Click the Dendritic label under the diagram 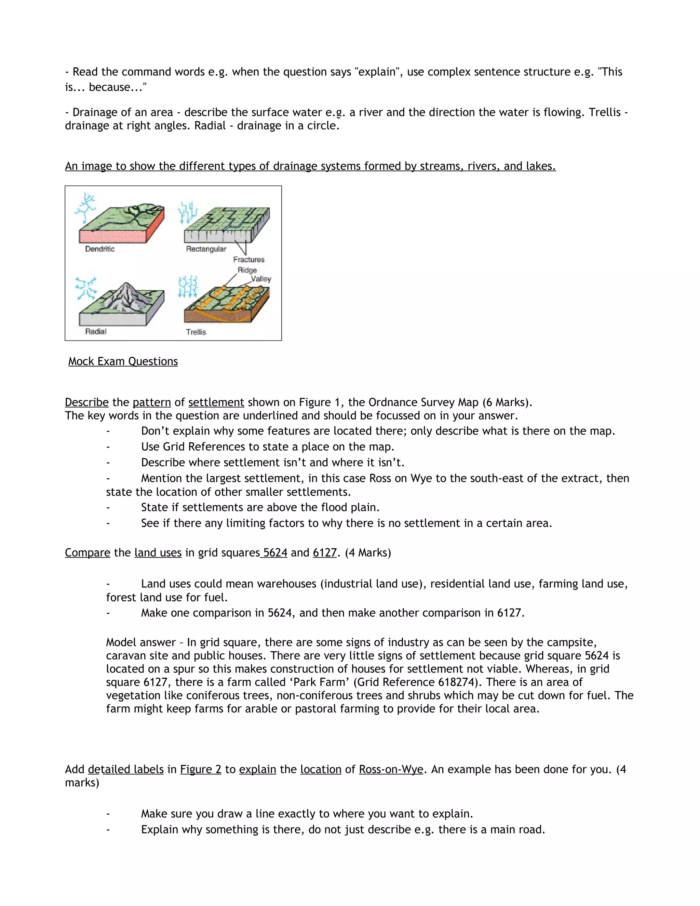point(99,249)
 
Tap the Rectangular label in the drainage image point(206,249)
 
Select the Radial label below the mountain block point(96,331)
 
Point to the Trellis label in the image point(196,332)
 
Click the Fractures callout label point(248,260)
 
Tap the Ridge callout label point(247,270)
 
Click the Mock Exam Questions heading point(123,361)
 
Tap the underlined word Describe point(87,402)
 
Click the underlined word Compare point(87,552)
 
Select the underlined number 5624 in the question point(275,552)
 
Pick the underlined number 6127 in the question point(325,552)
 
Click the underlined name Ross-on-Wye point(391,769)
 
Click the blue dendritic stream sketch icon point(85,208)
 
